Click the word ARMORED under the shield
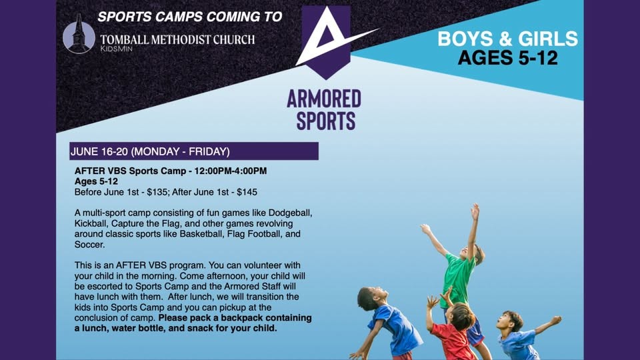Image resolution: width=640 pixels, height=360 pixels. pyautogui.click(x=324, y=99)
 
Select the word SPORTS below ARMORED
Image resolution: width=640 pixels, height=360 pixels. pyautogui.click(x=326, y=121)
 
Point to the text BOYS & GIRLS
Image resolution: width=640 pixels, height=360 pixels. pyautogui.click(x=508, y=39)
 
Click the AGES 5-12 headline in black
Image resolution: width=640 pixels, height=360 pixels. pyautogui.click(x=508, y=58)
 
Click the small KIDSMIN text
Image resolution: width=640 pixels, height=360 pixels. pyautogui.click(x=116, y=49)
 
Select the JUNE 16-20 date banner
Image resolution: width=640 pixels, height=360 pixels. pyautogui.click(x=194, y=151)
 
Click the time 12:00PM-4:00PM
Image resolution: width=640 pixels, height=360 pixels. pyautogui.click(x=231, y=171)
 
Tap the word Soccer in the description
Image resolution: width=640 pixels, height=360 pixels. pyautogui.click(x=89, y=245)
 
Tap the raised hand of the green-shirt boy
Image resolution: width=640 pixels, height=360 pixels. pyautogui.click(x=475, y=211)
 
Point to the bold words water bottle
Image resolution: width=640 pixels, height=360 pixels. pyautogui.click(x=140, y=329)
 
